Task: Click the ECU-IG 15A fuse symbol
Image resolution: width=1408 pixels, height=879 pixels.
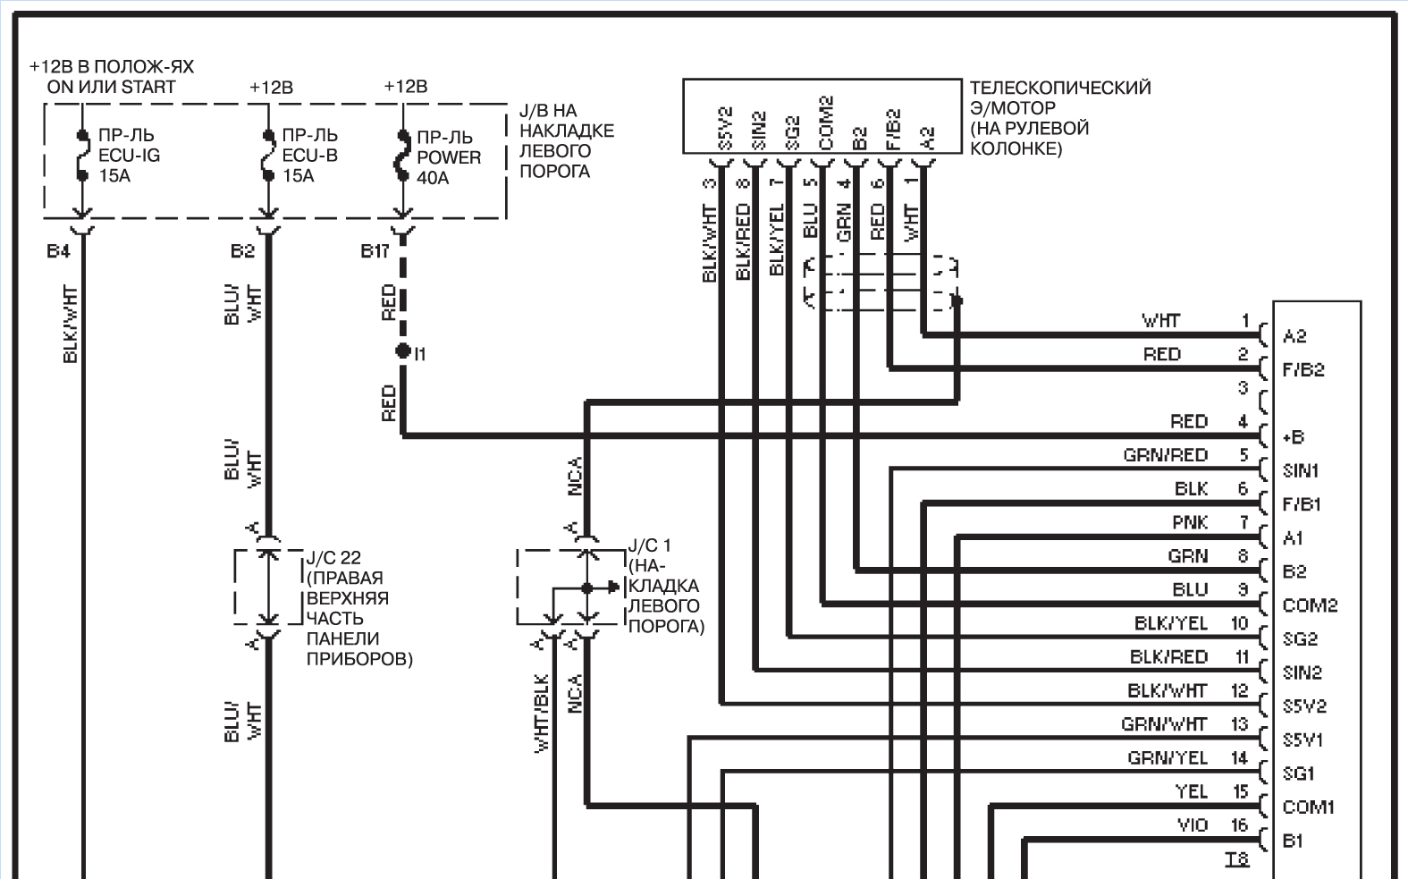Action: coord(81,155)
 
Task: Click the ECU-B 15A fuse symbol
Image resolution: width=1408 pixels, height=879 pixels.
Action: coord(268,155)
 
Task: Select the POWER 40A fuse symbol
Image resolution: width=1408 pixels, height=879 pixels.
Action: coord(403,156)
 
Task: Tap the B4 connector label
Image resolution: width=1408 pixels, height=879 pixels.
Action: coord(58,251)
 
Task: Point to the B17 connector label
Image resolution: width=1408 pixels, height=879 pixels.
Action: coord(375,251)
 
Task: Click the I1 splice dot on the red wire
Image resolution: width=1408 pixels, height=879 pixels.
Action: coord(403,351)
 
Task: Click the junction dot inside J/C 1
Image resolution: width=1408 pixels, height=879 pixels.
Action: coord(587,588)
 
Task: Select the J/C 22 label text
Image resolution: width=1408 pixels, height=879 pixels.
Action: coord(333,558)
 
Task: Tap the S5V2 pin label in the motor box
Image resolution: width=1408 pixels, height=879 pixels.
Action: coord(726,129)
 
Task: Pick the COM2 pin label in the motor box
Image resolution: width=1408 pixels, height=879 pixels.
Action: coord(826,123)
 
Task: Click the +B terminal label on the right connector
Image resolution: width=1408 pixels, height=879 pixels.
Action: coord(1294,437)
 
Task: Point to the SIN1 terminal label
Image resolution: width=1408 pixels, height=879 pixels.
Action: coord(1301,471)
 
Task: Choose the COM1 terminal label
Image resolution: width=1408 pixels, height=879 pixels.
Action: coord(1308,807)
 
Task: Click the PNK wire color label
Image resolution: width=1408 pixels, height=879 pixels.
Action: coord(1190,522)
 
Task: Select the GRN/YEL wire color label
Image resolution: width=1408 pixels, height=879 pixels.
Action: coord(1168,758)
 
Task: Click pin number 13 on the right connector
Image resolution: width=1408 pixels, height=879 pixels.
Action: coord(1239,724)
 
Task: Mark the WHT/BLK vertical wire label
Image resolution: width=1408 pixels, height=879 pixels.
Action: coord(541,713)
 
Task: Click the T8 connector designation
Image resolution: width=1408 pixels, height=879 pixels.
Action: coord(1236,859)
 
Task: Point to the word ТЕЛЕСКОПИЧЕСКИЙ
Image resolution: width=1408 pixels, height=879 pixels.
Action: coord(1060,88)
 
